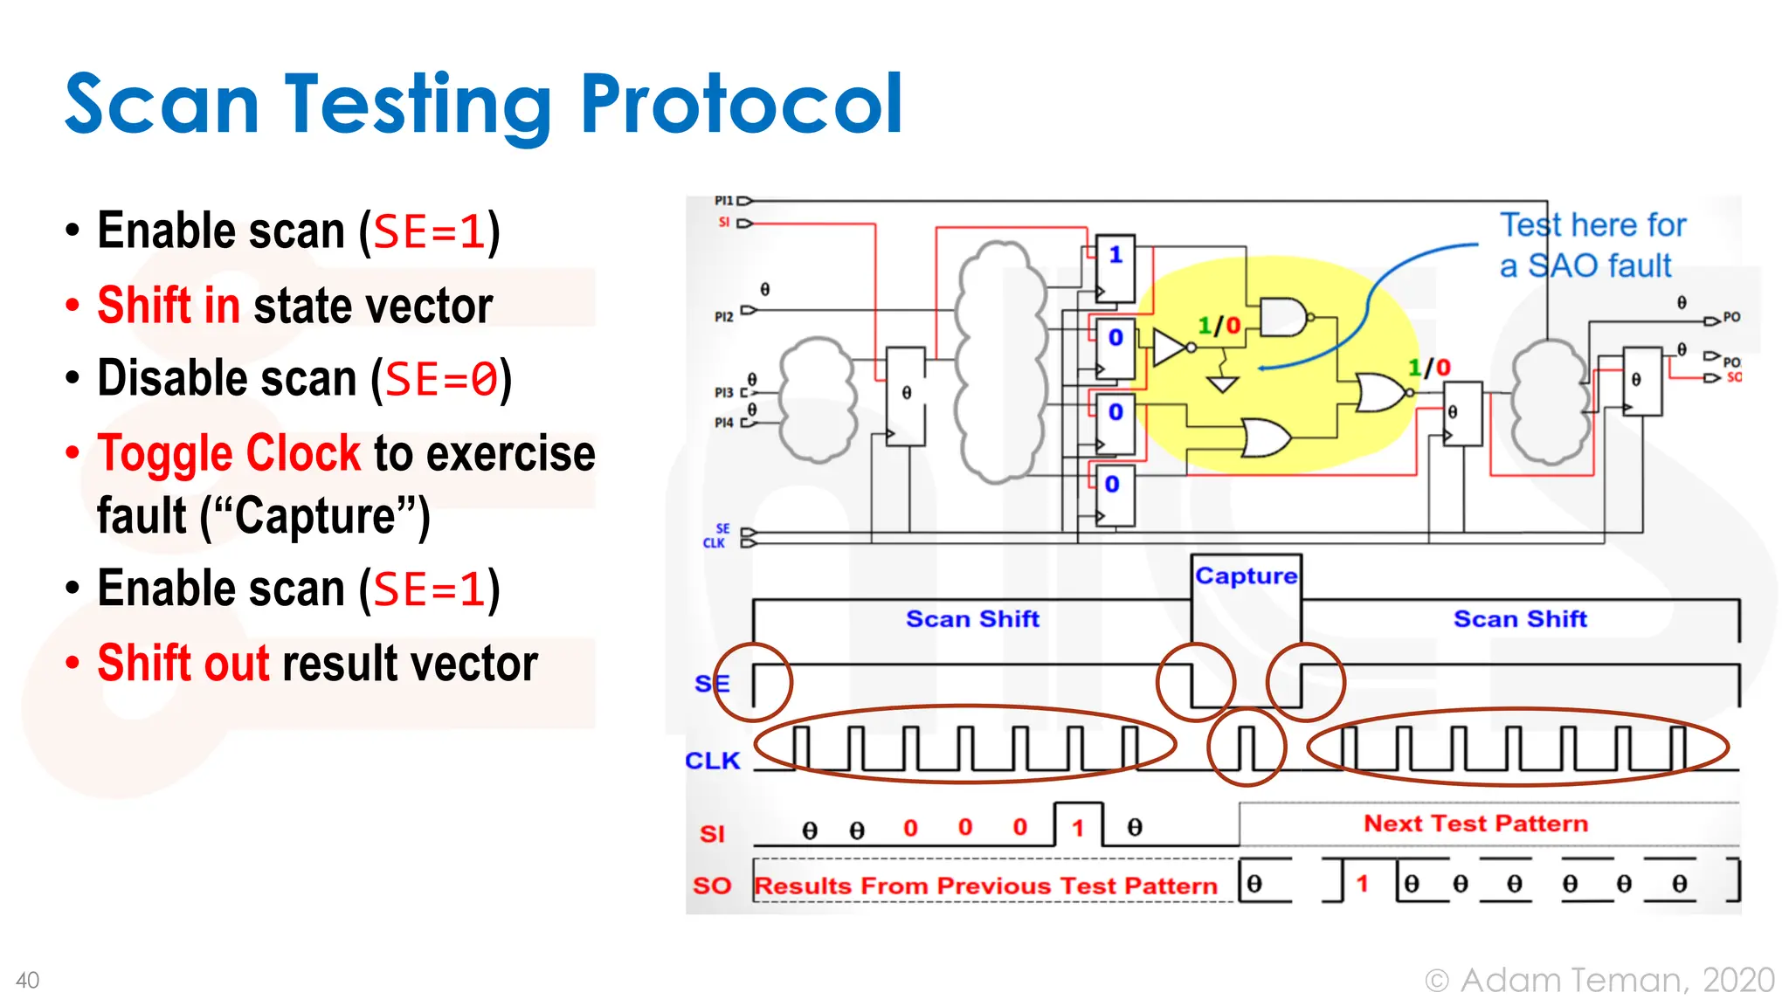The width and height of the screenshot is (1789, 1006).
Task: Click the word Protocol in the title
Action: tap(741, 105)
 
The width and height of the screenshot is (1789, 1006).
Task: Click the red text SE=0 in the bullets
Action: tap(441, 380)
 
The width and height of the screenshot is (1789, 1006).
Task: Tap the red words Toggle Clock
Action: tap(229, 453)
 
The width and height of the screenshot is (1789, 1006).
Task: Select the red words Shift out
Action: tap(183, 663)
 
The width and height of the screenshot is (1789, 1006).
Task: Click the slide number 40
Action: tap(28, 981)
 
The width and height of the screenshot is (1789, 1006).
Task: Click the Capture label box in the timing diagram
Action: tap(1246, 575)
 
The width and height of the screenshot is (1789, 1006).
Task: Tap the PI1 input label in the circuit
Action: tap(723, 201)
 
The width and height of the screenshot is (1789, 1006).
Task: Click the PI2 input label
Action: tap(723, 316)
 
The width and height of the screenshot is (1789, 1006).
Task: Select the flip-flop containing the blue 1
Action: tap(1116, 268)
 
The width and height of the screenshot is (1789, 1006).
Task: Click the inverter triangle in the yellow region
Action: tap(1169, 347)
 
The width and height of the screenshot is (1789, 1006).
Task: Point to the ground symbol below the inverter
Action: tap(1222, 382)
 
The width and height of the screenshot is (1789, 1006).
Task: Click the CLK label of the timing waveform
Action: tap(712, 761)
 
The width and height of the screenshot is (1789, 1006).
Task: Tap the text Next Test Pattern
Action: tap(1475, 823)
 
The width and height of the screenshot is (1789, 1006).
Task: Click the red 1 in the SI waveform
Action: tap(1078, 828)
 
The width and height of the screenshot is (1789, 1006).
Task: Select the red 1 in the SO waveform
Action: tap(1362, 884)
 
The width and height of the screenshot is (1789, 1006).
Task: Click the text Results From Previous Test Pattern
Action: tap(985, 885)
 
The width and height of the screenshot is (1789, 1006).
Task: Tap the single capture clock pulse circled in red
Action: tap(1247, 748)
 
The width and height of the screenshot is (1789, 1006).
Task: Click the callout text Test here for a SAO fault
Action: tap(1592, 245)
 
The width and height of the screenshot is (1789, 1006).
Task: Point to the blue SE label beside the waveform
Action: tap(711, 684)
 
